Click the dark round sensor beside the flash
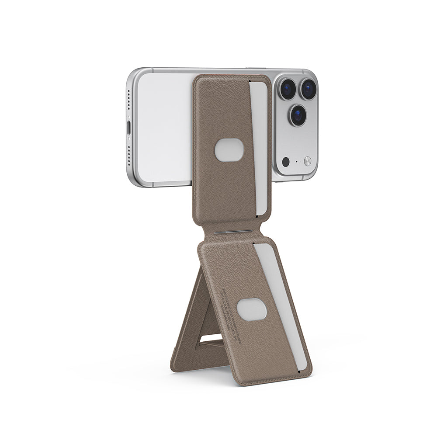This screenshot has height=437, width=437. click(x=286, y=162)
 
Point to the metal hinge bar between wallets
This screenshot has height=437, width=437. click(x=234, y=232)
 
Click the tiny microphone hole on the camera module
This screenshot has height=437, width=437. click(x=297, y=161)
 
